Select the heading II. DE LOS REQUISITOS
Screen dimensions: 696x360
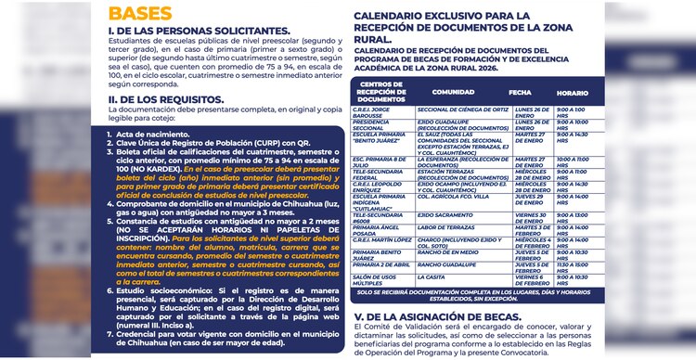click(162, 97)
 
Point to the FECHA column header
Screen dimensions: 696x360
click(520, 93)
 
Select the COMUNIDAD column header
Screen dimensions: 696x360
click(452, 93)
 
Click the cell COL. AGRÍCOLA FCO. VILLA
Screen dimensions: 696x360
click(454, 197)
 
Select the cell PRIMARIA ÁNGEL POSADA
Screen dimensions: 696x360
click(377, 229)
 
